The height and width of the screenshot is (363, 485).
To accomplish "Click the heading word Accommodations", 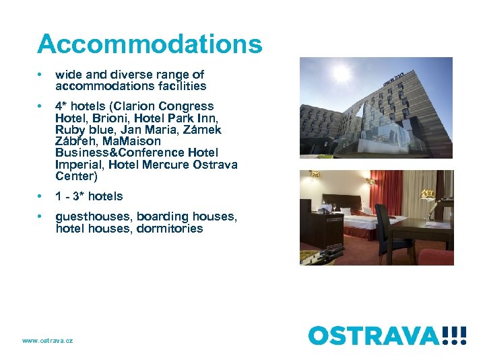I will click(x=150, y=44).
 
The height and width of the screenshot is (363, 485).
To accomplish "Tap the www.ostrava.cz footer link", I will click(x=47, y=341).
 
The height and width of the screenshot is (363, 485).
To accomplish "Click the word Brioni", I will click(x=108, y=118).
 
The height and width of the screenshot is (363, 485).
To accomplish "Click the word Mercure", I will click(x=162, y=165).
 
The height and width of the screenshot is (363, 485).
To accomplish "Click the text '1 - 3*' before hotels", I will click(x=69, y=196).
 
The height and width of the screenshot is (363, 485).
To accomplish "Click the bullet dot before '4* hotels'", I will click(x=40, y=106).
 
